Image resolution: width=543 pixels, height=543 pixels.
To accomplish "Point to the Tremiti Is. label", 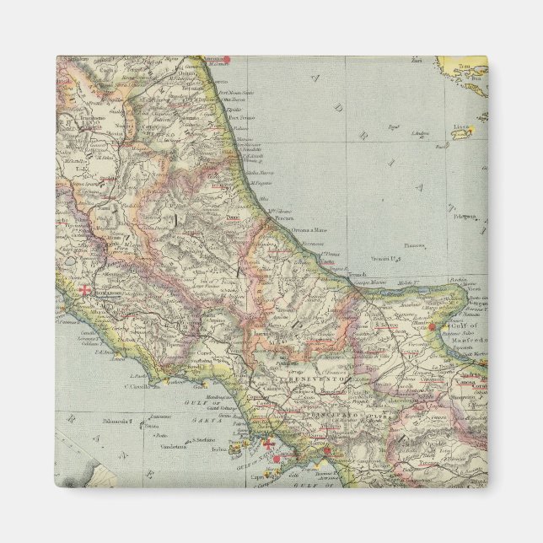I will [385, 257].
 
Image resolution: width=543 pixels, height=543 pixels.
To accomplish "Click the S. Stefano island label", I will [202, 439].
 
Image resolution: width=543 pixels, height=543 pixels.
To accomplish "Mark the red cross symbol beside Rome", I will [84, 290].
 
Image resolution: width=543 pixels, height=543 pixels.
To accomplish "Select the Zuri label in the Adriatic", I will [416, 61].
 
